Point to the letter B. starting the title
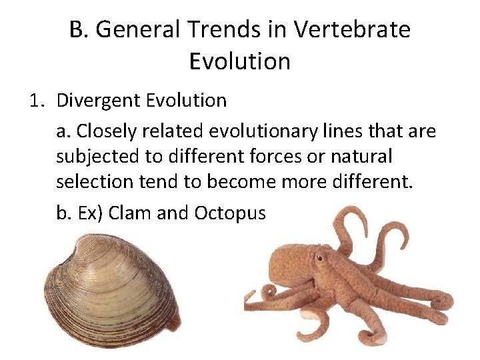tap(79, 30)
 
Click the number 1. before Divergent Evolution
tap(36, 101)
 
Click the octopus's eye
tap(321, 257)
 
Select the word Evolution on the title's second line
tap(240, 61)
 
